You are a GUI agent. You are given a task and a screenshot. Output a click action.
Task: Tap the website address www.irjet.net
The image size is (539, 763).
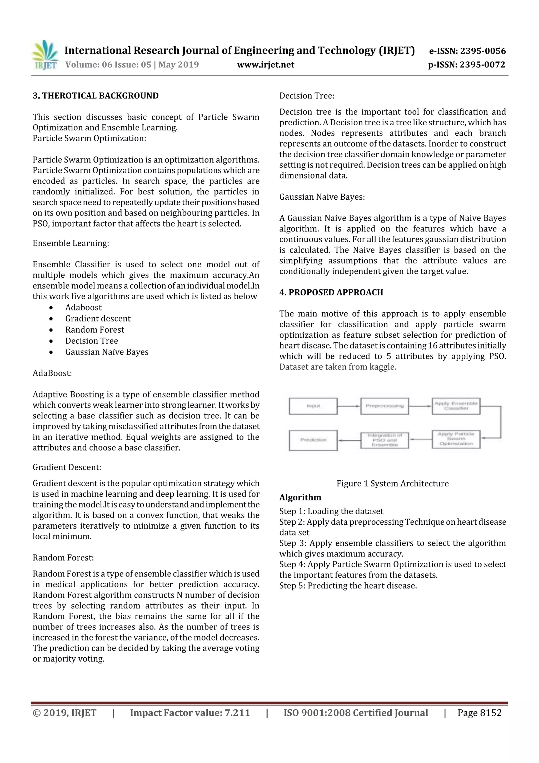pyautogui.click(x=265, y=65)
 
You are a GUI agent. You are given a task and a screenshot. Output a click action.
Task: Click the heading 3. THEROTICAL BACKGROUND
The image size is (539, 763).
pyautogui.click(x=96, y=96)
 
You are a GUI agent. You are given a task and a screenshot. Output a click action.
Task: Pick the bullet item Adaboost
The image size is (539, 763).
pyautogui.click(x=83, y=307)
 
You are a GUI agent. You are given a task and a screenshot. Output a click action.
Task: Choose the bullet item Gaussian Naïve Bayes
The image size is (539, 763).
pyautogui.click(x=107, y=352)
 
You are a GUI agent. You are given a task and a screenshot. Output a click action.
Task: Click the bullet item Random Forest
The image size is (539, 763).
pyautogui.click(x=95, y=330)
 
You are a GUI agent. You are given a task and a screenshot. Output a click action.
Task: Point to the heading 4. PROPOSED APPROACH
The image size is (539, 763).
pyautogui.click(x=331, y=292)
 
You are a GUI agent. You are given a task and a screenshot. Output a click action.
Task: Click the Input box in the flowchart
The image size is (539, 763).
pyautogui.click(x=313, y=406)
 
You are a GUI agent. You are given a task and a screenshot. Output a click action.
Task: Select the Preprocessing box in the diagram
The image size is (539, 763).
pyautogui.click(x=385, y=406)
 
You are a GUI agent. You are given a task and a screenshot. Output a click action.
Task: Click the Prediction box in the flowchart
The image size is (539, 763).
pyautogui.click(x=313, y=440)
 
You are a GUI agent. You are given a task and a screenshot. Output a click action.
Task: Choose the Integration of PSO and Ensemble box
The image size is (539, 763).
pyautogui.click(x=385, y=440)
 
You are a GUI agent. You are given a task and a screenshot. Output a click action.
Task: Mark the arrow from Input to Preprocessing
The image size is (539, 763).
pyautogui.click(x=349, y=406)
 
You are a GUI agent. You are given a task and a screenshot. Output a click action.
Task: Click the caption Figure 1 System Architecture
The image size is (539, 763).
pyautogui.click(x=393, y=484)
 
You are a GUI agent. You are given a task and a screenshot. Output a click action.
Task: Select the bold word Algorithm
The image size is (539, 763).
pyautogui.click(x=300, y=498)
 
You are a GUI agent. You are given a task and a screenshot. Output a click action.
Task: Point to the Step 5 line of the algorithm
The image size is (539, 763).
pyautogui.click(x=348, y=585)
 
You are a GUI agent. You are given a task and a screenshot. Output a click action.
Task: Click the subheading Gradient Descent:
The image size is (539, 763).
pyautogui.click(x=67, y=467)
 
